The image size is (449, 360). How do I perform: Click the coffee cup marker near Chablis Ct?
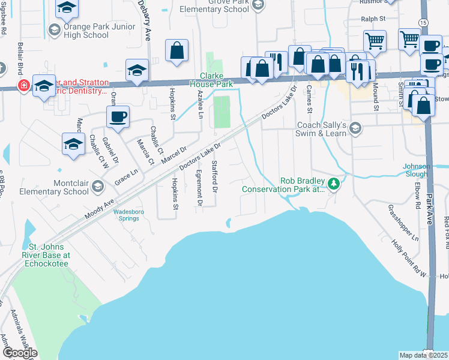[118, 116]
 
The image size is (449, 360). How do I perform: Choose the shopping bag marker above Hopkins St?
[177, 51]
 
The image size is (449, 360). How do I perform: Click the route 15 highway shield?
[424, 22]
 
